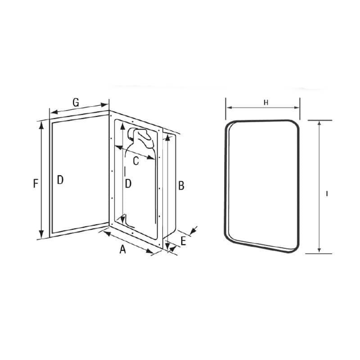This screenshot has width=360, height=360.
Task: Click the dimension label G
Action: [x=76, y=103]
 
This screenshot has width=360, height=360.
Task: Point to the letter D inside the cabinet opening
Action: [x=128, y=184]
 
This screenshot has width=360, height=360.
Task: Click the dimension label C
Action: [x=135, y=159]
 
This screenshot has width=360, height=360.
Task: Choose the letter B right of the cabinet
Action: [x=181, y=185]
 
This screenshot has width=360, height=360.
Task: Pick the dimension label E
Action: [x=183, y=241]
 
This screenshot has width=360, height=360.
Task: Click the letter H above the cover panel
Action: [x=265, y=103]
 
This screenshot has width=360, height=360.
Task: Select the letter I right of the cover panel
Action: [x=327, y=193]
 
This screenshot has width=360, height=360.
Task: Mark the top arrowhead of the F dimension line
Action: [x=42, y=125]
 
